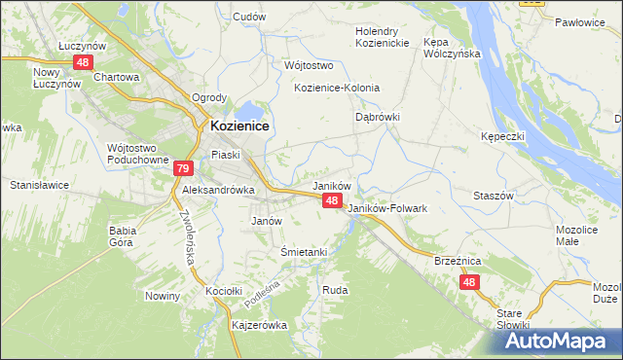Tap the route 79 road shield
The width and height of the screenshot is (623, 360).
183,169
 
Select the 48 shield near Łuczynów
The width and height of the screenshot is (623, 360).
82,62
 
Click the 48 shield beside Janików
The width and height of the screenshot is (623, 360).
332,200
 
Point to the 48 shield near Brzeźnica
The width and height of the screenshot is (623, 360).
469,282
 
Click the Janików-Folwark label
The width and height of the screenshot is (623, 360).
387,208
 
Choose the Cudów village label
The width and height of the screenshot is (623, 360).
249,17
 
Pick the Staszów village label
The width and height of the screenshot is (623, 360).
493,196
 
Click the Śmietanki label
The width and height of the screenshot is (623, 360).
304,252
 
